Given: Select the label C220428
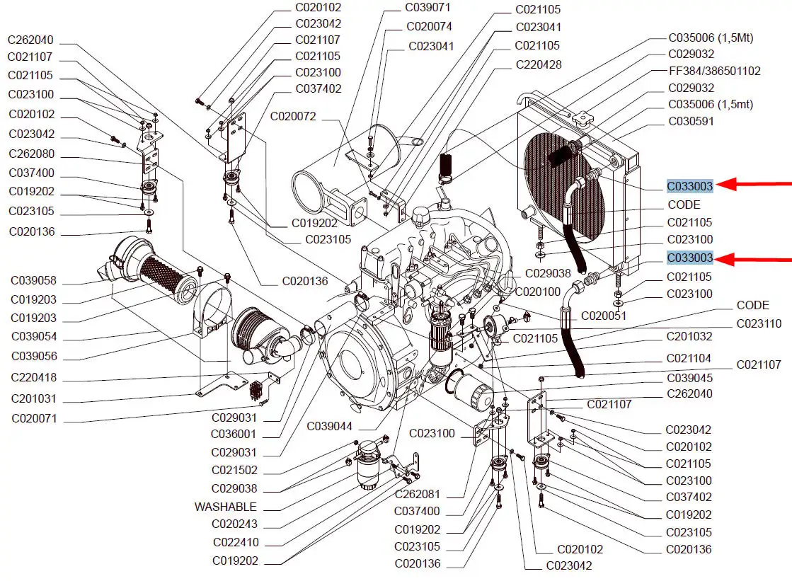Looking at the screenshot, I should click(x=538, y=64).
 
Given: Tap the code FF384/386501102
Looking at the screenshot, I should click(x=714, y=71).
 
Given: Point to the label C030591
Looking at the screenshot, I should click(x=691, y=122).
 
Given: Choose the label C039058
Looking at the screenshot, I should click(x=34, y=281).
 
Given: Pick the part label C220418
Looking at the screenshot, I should click(x=34, y=378).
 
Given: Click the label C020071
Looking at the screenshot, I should click(x=34, y=419).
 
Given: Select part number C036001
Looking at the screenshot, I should click(x=234, y=435).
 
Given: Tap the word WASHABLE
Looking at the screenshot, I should click(x=226, y=507).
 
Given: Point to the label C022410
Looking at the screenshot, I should click(x=236, y=543).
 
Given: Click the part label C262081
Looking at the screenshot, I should click(x=418, y=494).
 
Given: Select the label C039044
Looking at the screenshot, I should click(x=330, y=426).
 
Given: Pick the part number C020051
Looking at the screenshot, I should click(x=604, y=316).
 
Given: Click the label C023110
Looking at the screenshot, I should click(x=759, y=324).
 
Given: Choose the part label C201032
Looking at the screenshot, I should click(x=689, y=337).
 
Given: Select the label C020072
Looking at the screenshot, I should click(x=293, y=115).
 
